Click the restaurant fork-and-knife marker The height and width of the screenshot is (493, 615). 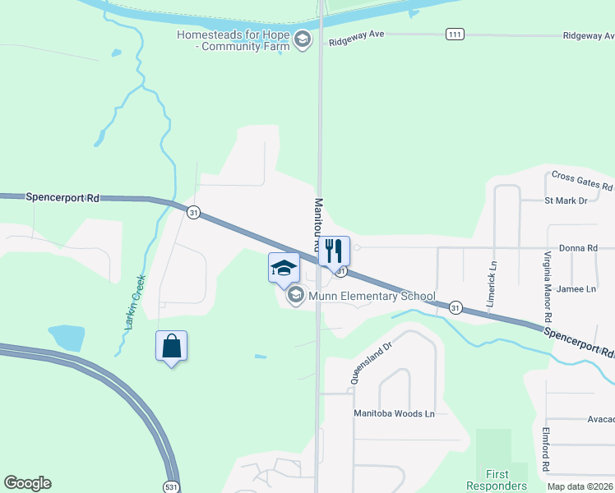click(x=334, y=250)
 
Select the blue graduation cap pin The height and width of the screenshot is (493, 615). click(x=284, y=268)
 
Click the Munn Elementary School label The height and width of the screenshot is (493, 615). click(x=367, y=296)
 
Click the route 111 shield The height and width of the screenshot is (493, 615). click(x=454, y=34)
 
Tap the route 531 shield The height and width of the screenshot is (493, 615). click(x=169, y=485)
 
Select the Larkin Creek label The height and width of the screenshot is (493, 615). click(x=135, y=302)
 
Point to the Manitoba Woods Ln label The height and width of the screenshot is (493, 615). click(x=394, y=413)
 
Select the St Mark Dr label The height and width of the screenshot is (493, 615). click(x=566, y=200)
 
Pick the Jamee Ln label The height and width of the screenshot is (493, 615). click(x=576, y=289)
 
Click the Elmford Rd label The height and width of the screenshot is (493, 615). click(x=546, y=449)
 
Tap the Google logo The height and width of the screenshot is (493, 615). click(x=27, y=483)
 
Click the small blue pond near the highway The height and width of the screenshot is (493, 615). click(x=67, y=337)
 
